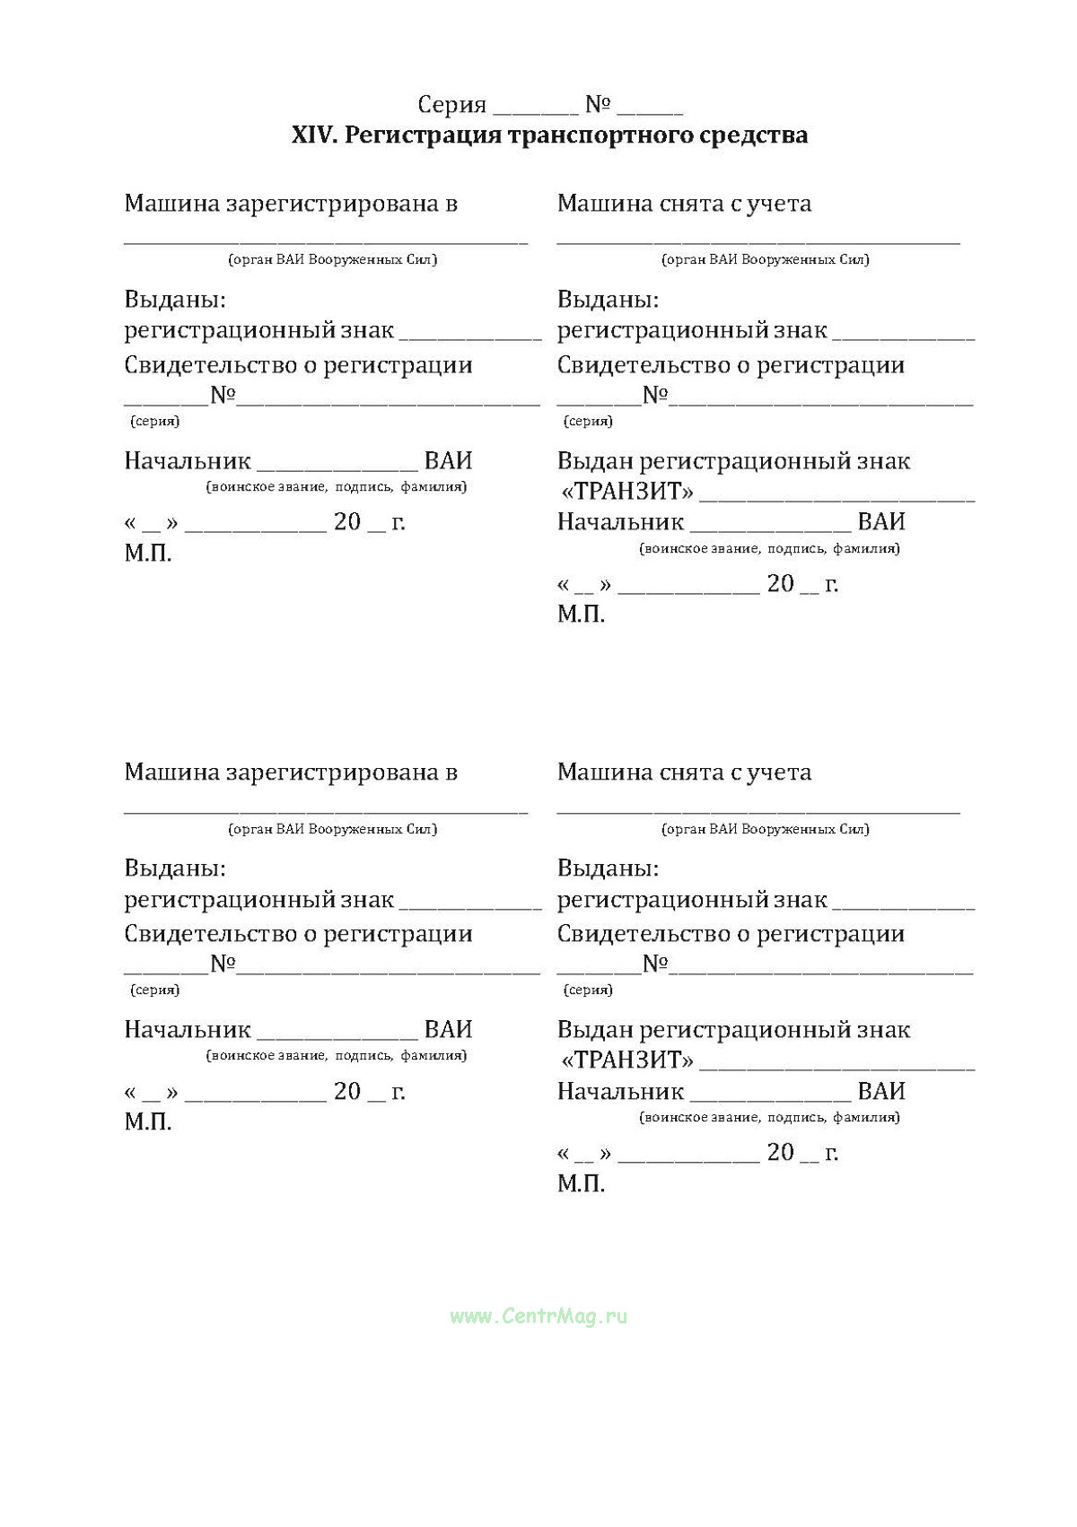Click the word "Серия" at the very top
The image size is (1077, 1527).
(452, 106)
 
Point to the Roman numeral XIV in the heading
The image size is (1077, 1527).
(313, 135)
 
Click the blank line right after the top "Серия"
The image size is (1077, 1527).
(536, 109)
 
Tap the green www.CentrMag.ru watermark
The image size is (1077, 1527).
(538, 1316)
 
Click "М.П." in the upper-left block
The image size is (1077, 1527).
(148, 553)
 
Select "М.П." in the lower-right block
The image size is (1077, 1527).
(581, 1183)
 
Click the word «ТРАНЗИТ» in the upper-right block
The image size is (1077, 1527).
(627, 492)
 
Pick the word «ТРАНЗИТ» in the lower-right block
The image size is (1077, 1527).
(627, 1060)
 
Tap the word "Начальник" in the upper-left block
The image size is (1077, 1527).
(188, 461)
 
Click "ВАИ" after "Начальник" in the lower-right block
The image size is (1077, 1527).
(880, 1091)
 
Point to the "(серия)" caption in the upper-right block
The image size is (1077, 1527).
(588, 421)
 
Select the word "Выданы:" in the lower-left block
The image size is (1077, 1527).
(175, 868)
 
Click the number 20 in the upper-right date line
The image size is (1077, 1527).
(780, 584)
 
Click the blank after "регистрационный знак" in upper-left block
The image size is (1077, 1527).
(469, 336)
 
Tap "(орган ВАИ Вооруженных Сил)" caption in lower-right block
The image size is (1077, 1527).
(766, 829)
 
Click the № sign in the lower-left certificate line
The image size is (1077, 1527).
(223, 964)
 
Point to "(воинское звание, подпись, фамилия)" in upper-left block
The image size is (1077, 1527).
(337, 487)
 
